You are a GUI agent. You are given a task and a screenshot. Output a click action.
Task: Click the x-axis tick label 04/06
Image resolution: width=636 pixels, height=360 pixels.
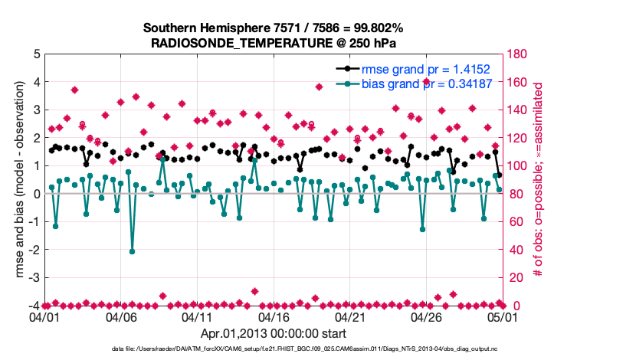pyautogui.click(x=121, y=316)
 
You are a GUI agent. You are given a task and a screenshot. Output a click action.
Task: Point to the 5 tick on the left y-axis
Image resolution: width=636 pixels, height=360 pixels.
pyautogui.click(x=36, y=54)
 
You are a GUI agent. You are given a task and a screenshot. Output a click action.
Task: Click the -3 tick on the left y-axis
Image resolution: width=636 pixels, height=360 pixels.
pyautogui.click(x=34, y=277)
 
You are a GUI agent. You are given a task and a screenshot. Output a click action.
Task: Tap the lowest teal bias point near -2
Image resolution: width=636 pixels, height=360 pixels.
pyautogui.click(x=132, y=251)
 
